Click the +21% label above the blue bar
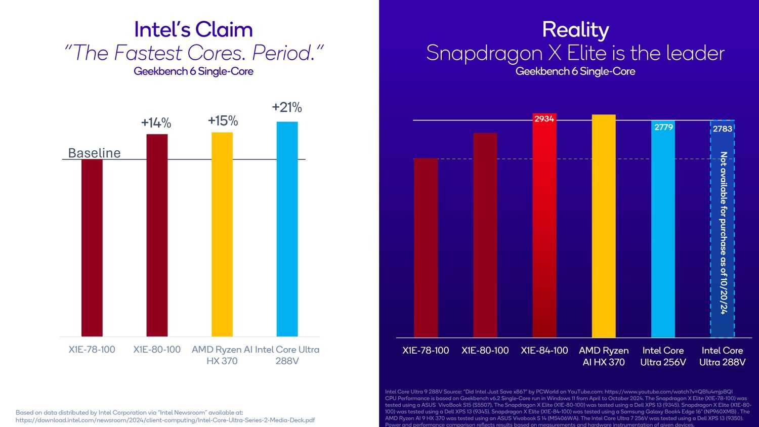287,107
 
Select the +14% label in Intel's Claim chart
156,123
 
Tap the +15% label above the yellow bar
223,121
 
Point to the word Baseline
94,153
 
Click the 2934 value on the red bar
544,119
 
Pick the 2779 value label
663,127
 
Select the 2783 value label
723,129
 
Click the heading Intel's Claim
193,30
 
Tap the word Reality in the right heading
575,30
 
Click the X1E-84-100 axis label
544,351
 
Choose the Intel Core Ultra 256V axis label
663,356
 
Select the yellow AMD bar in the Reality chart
604,228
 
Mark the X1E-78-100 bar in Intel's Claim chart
92,248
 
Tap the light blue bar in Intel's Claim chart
287,228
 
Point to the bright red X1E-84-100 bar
544,228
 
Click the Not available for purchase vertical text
723,233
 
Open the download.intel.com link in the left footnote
165,420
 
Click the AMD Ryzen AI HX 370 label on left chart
222,355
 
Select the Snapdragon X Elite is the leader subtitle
575,53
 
